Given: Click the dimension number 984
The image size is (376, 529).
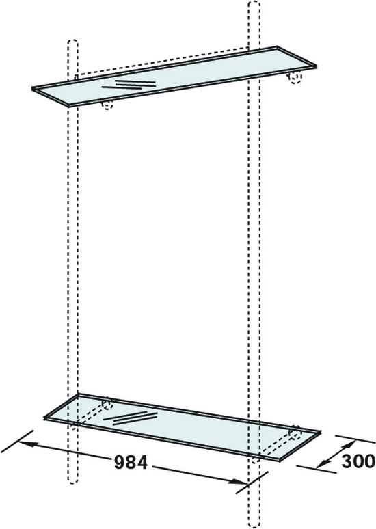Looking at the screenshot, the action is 131,463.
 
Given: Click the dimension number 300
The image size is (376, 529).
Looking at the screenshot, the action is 358,461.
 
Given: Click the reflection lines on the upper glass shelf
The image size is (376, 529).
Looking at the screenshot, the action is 129,84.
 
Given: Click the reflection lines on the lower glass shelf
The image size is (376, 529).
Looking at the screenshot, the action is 131,418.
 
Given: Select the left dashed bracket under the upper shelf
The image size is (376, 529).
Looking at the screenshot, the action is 107,105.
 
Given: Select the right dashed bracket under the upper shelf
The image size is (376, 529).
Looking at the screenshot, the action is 295,79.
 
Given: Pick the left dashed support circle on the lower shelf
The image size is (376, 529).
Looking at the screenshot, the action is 107,404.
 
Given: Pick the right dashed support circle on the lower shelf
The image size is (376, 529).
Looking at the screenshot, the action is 295,433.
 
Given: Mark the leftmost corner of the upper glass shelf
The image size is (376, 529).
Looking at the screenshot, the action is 33,89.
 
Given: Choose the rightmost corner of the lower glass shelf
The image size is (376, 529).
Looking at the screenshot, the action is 320,431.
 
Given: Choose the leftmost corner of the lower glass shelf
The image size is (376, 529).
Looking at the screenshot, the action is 44,418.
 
